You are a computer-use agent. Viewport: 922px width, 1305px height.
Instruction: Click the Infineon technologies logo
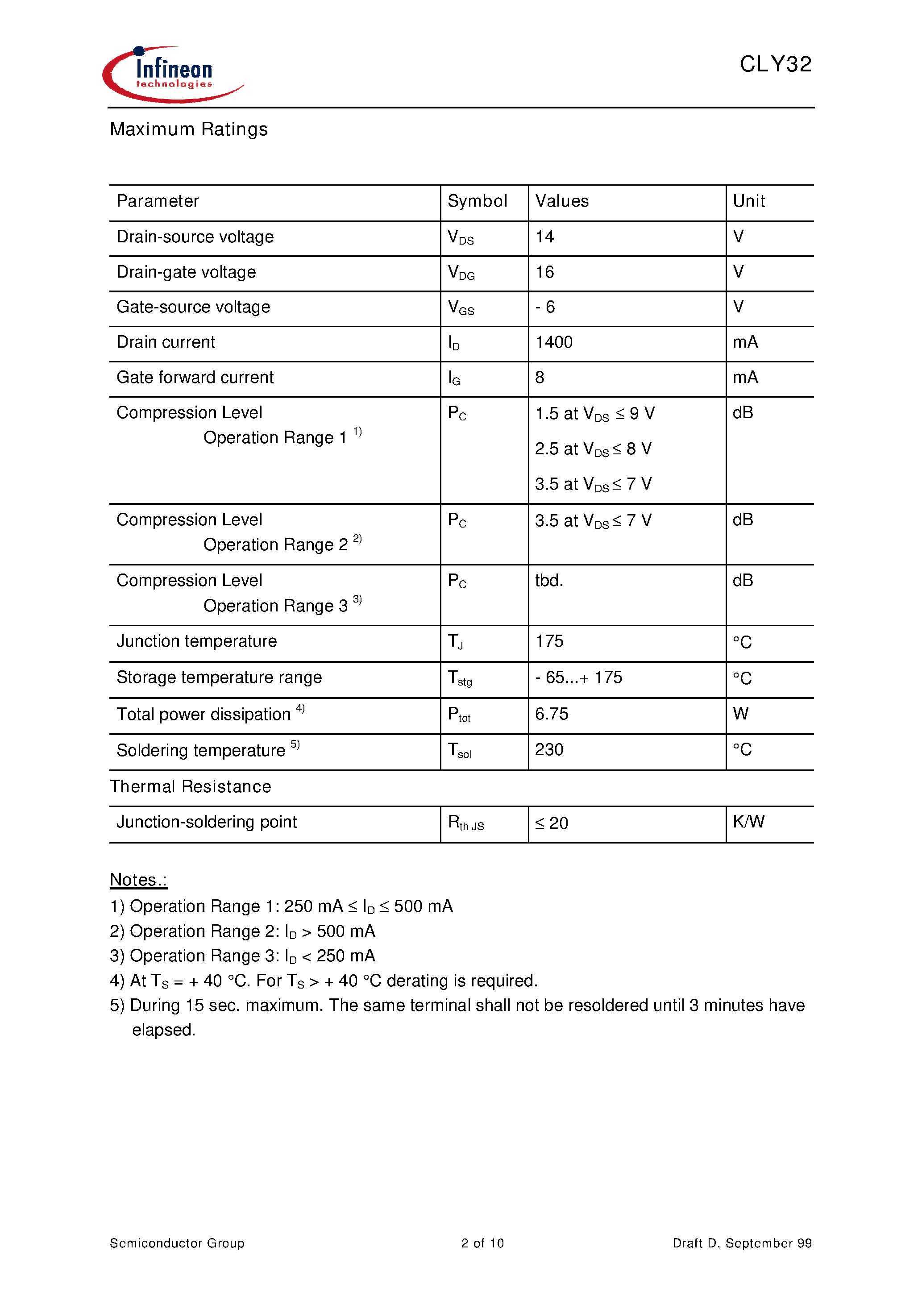tap(173, 75)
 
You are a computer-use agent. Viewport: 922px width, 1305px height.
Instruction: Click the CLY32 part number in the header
tap(775, 64)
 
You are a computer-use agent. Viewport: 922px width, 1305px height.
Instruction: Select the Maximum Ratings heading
tap(189, 129)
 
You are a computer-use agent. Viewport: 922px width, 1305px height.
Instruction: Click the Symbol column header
tap(477, 201)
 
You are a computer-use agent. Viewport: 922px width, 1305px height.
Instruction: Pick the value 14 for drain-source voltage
tap(544, 237)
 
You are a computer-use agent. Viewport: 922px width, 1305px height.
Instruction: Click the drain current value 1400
tap(554, 342)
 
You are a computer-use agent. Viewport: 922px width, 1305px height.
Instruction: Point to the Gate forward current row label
tap(195, 378)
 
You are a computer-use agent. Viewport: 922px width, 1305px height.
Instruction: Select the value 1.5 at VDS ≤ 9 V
tap(594, 414)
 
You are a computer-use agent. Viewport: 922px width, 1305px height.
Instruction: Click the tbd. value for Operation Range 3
tap(548, 580)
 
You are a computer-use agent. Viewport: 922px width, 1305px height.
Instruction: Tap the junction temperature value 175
tap(549, 641)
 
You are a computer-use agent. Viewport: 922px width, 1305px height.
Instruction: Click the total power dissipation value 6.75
tap(552, 714)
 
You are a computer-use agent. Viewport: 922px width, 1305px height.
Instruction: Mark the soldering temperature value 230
tap(549, 750)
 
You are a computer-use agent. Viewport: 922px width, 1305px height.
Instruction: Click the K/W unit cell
tap(748, 822)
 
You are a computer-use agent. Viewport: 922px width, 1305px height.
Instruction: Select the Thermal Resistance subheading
tap(191, 787)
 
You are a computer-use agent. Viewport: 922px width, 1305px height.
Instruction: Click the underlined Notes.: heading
tap(138, 880)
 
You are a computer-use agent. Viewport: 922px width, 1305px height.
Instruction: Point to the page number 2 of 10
tap(482, 1243)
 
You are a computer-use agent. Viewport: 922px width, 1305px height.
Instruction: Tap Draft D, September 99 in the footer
tap(742, 1243)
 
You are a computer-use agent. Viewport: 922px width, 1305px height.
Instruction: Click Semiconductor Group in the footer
tap(177, 1243)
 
